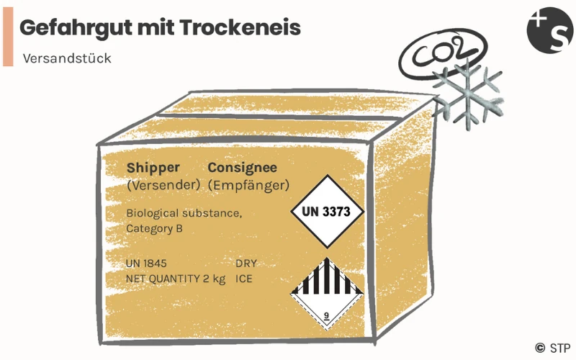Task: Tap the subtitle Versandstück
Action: (67, 58)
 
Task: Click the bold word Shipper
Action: (153, 167)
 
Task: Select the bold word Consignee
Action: (242, 167)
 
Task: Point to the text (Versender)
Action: (163, 185)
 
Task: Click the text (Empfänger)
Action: (248, 185)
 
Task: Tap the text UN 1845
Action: (147, 264)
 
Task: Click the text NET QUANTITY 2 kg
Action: (176, 278)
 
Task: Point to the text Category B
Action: (154, 229)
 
